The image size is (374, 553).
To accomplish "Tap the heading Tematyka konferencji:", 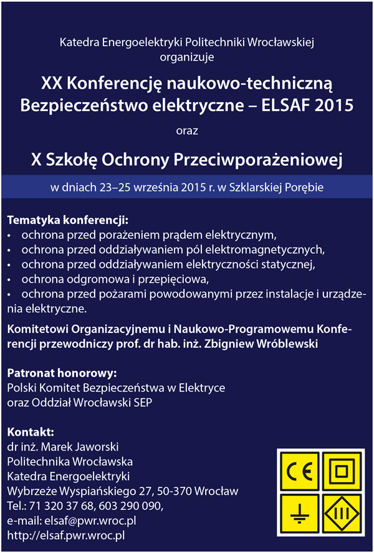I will click(67, 220).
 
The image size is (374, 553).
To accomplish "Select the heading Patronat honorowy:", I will click(62, 373).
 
